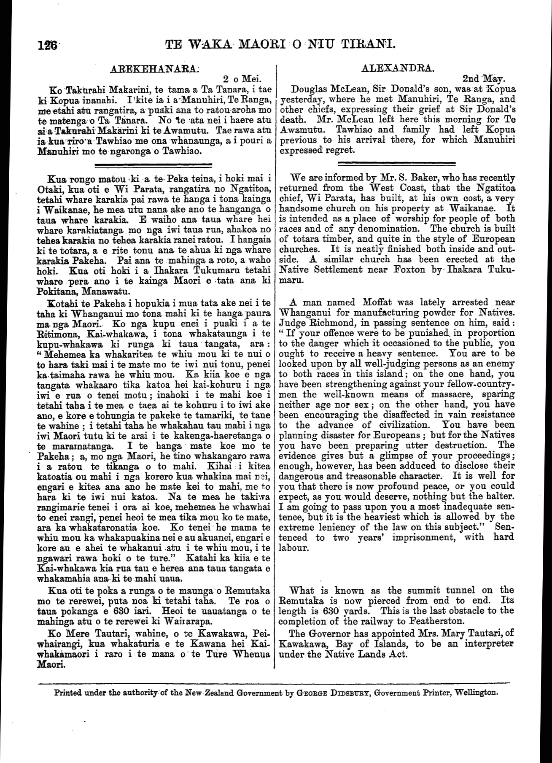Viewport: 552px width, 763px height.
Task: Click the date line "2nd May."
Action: (x=485, y=79)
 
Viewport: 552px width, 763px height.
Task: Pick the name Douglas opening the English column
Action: (x=310, y=89)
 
